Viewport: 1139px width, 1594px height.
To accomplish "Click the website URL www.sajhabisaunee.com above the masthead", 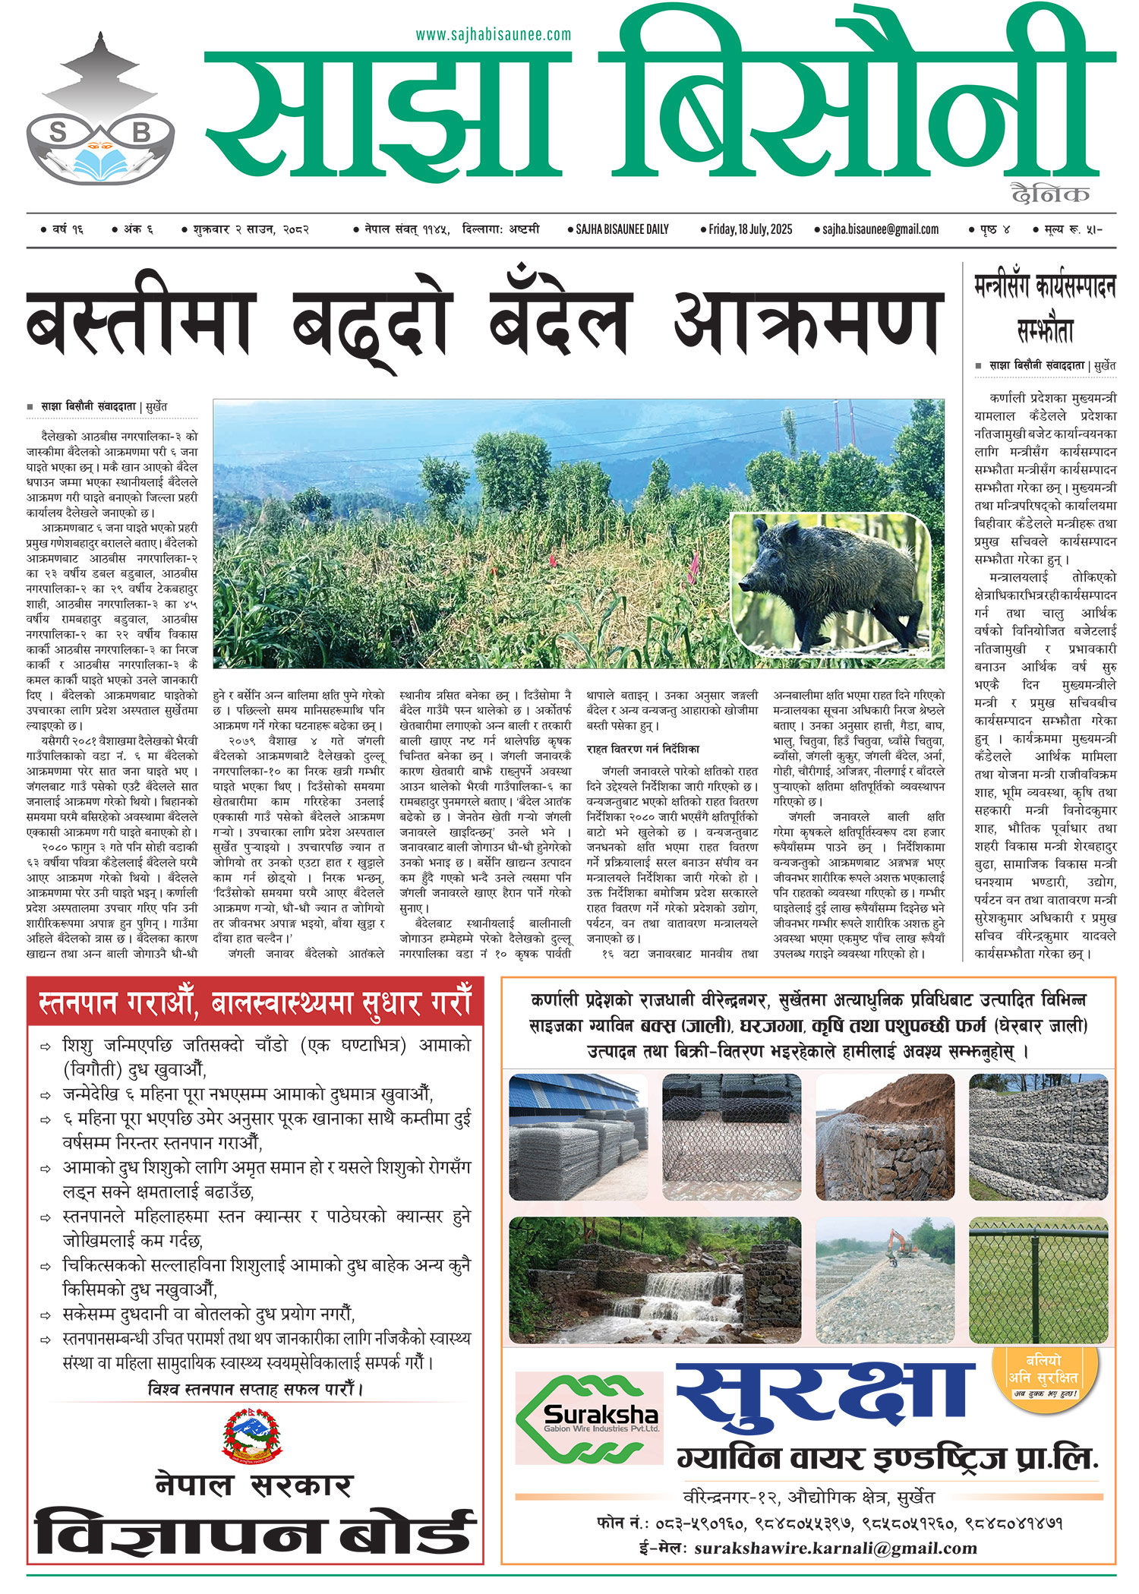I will point(493,35).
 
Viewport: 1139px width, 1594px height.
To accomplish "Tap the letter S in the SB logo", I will point(58,133).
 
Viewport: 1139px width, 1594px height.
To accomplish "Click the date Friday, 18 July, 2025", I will point(749,229).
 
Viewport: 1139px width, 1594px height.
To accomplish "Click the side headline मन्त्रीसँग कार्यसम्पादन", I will point(1045,288).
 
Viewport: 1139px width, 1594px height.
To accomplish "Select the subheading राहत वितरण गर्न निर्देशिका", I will point(643,749).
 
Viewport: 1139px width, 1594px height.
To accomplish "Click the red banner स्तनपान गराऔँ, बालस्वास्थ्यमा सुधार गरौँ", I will point(255,1002).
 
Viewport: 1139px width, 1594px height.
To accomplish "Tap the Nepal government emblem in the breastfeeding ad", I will point(253,1435).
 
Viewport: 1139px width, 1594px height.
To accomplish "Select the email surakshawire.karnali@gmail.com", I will point(835,1548).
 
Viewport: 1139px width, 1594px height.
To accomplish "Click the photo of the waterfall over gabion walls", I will point(655,1280).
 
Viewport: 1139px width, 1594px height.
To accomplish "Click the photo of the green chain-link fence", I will point(1038,1280).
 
